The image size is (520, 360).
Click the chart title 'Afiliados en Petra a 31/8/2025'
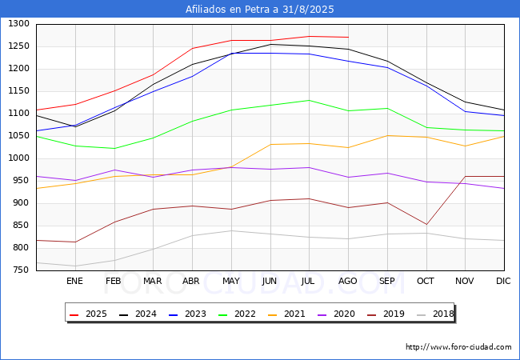point(260,10)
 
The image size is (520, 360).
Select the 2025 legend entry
point(88,314)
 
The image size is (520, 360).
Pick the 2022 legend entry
point(237,314)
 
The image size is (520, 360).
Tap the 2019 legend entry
point(386,314)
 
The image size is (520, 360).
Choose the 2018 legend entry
point(435,314)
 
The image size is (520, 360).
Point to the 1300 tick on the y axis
point(19,24)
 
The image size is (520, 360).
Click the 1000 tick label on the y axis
point(19,158)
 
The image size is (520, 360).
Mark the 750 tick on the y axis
point(21,270)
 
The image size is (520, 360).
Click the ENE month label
point(74,281)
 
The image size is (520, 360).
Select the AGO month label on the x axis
point(347,281)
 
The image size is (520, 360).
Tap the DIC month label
point(503,281)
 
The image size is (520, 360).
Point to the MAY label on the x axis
point(231,281)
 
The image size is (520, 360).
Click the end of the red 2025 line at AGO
point(348,37)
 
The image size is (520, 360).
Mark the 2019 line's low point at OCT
point(426,225)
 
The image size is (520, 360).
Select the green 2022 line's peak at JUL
point(309,100)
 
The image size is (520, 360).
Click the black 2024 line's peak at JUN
point(270,44)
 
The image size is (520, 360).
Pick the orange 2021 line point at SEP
point(387,135)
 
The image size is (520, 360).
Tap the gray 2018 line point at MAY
point(231,230)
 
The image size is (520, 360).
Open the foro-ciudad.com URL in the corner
point(458,347)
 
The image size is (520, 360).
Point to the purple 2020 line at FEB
point(114,170)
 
